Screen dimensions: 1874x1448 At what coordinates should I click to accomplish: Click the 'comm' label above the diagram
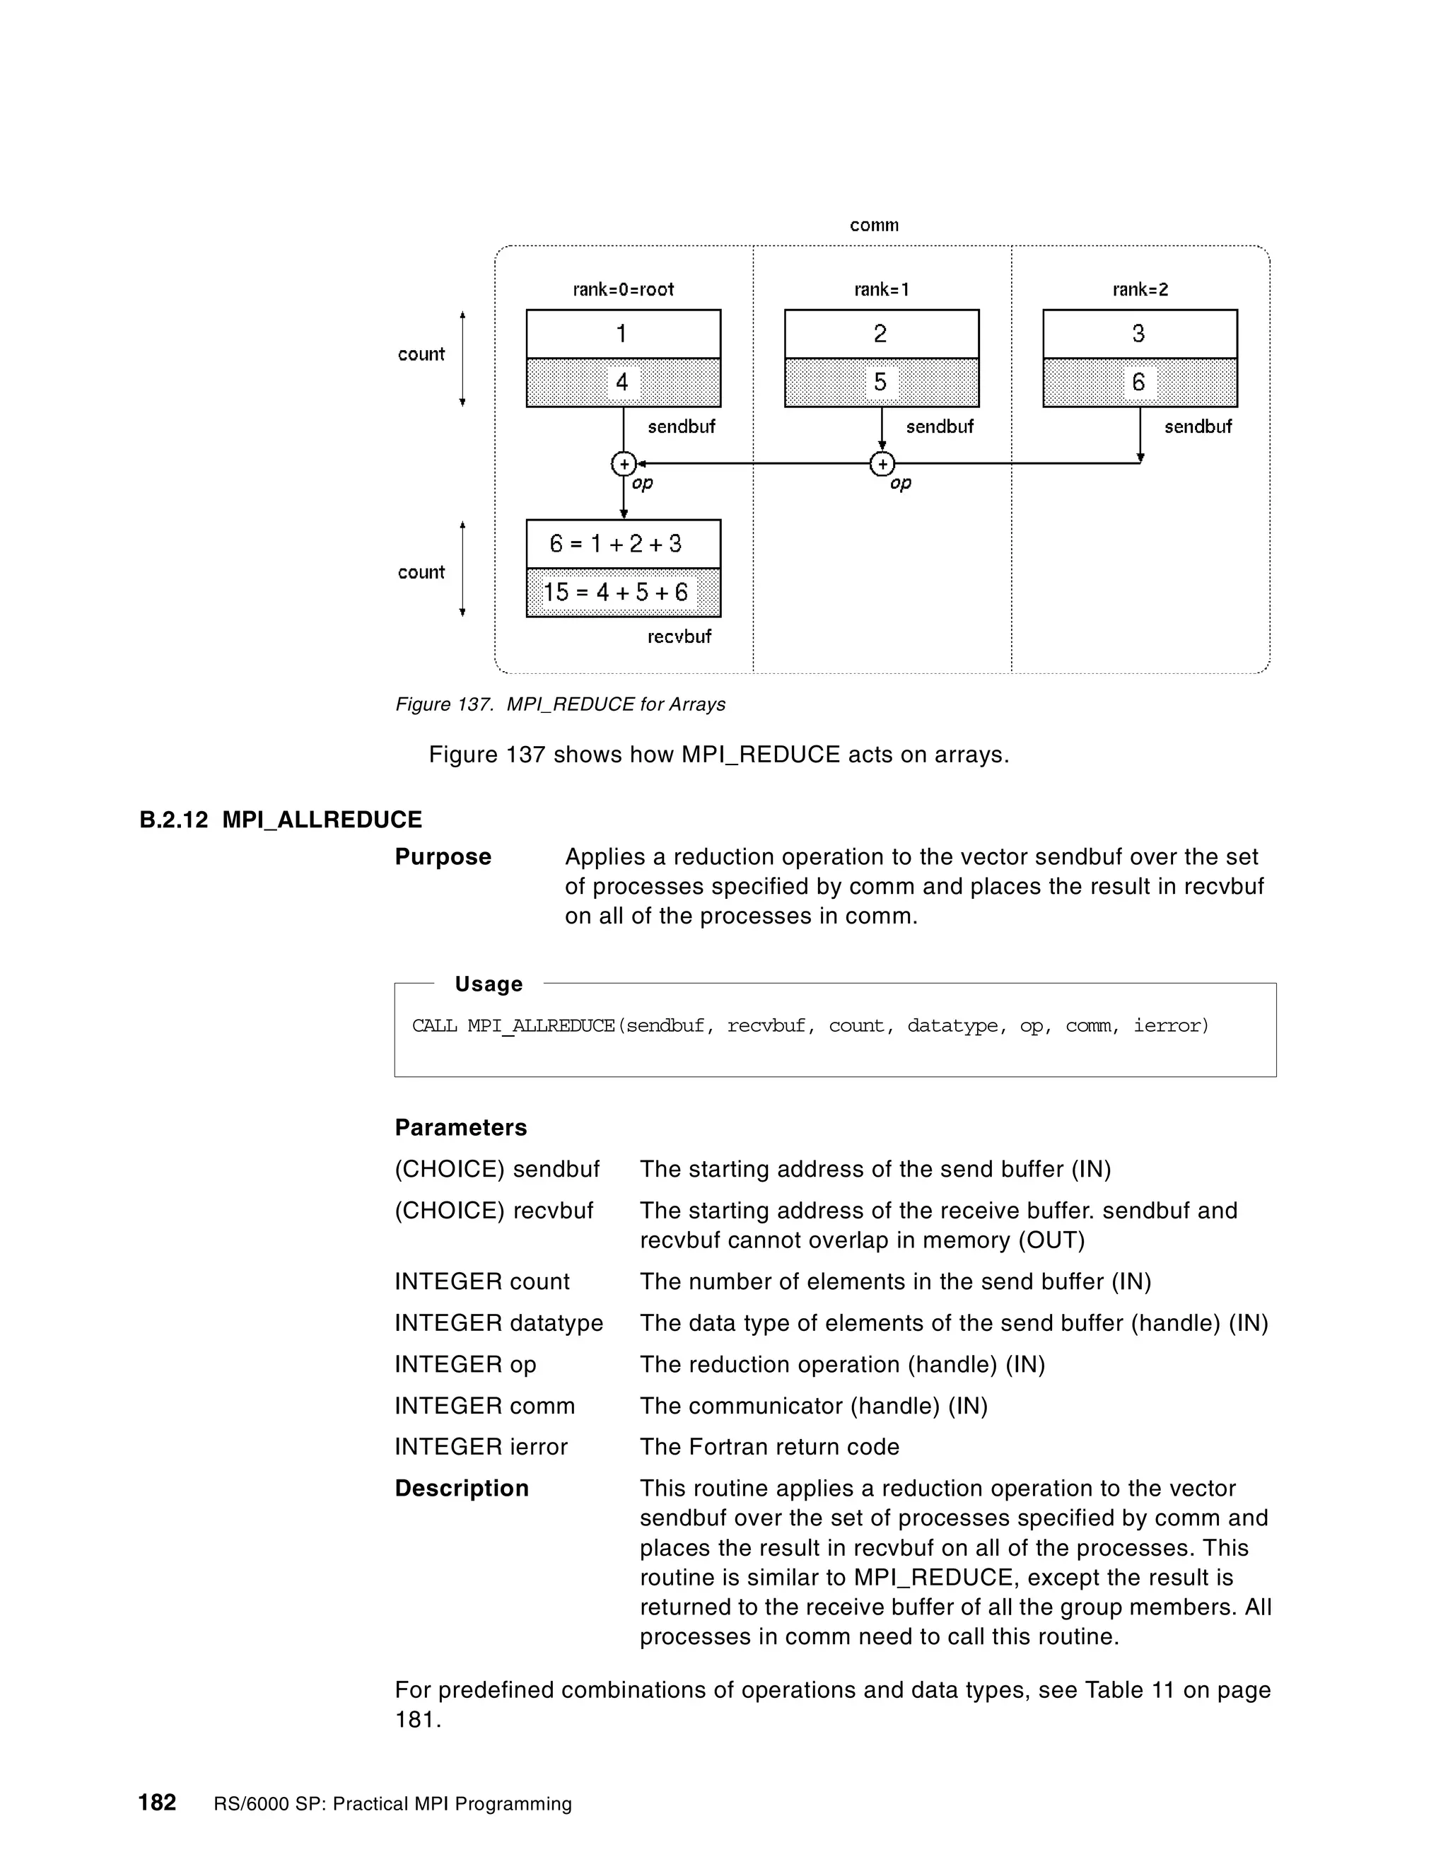click(x=873, y=225)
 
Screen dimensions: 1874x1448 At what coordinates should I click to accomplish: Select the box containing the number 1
click(x=623, y=334)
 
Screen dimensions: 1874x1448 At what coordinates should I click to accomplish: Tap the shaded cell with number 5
click(x=881, y=383)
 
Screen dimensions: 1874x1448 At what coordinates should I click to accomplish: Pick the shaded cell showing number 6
click(x=1139, y=383)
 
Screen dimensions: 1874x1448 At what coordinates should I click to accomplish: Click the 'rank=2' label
click(x=1139, y=289)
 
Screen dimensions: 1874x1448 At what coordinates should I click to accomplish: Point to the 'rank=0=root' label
click(x=623, y=289)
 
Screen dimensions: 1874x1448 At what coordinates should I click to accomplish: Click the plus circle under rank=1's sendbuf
click(x=882, y=464)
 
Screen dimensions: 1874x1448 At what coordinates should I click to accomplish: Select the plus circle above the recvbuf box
click(x=623, y=464)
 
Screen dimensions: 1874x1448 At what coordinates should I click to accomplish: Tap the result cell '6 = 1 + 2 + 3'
click(x=623, y=544)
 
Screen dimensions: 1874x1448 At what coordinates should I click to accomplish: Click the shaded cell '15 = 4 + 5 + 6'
click(x=623, y=592)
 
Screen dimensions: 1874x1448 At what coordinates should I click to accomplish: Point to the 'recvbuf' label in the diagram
click(x=679, y=636)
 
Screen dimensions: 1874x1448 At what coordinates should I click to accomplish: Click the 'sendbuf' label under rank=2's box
click(x=1197, y=426)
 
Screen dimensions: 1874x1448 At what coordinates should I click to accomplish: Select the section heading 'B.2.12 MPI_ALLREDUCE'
click(x=281, y=820)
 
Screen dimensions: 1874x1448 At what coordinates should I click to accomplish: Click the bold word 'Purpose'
click(x=443, y=856)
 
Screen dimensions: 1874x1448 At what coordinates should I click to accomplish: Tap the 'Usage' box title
click(x=488, y=984)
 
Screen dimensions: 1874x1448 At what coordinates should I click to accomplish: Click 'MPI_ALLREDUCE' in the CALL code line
click(x=540, y=1025)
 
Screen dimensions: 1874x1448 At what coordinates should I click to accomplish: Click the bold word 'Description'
click(x=462, y=1488)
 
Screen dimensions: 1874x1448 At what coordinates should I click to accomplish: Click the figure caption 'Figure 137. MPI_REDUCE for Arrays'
click(x=559, y=704)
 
